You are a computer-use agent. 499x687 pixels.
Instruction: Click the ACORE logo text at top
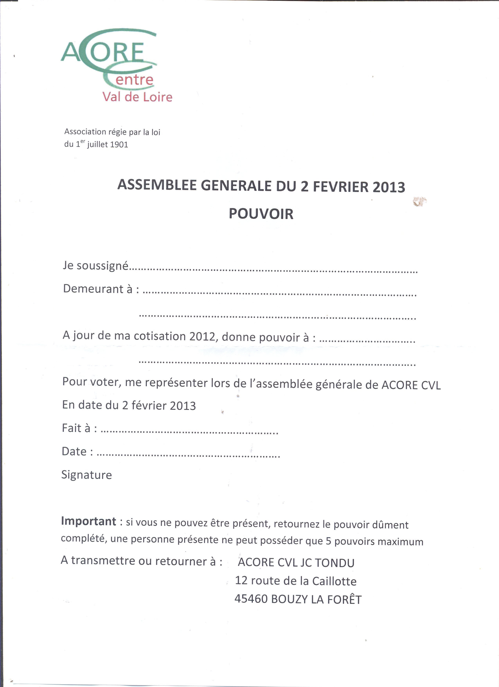coord(103,52)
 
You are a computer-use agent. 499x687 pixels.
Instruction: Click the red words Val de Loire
coord(137,97)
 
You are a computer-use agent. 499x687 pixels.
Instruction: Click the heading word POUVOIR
coord(261,214)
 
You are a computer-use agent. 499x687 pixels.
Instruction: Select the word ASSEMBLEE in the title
coord(157,185)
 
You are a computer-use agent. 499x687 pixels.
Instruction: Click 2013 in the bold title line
coord(389,187)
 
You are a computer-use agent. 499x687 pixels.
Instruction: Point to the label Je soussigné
coord(95,265)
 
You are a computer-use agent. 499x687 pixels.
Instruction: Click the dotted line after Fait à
coord(189,431)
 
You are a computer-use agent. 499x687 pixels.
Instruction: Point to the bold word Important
coord(88,521)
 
